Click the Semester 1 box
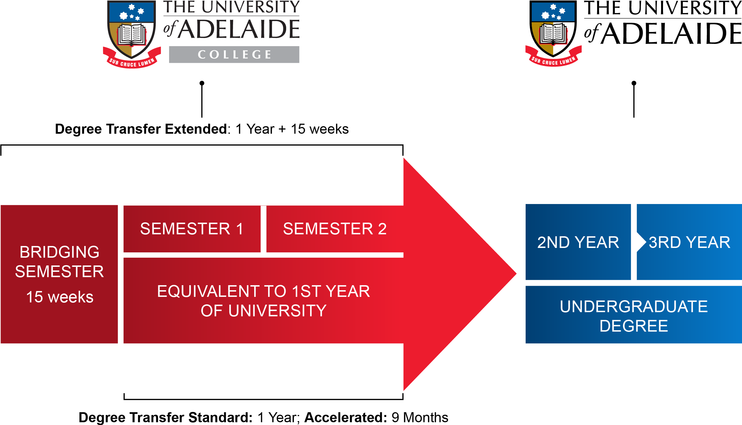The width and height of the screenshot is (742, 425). [x=192, y=229]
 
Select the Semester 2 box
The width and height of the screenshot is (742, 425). [x=335, y=229]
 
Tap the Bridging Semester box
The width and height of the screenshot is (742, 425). [x=59, y=274]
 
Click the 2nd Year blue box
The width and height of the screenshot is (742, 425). [x=578, y=242]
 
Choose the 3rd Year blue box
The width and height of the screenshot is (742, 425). [x=689, y=242]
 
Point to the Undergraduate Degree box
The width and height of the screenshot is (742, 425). [x=634, y=315]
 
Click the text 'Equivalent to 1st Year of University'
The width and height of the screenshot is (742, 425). [x=263, y=301]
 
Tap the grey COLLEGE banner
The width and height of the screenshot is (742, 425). [x=234, y=54]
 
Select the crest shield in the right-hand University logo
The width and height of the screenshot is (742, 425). [x=553, y=28]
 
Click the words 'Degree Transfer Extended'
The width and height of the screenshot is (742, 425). [x=141, y=129]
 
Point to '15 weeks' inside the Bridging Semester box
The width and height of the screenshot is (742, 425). [x=60, y=297]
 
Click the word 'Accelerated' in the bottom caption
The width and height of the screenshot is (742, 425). [x=345, y=417]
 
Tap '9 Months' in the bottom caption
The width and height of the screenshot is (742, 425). [x=420, y=417]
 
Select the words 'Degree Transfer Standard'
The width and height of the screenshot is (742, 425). [x=165, y=417]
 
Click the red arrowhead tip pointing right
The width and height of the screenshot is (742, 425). [x=516, y=274]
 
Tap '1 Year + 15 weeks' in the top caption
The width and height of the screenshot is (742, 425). [x=292, y=129]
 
